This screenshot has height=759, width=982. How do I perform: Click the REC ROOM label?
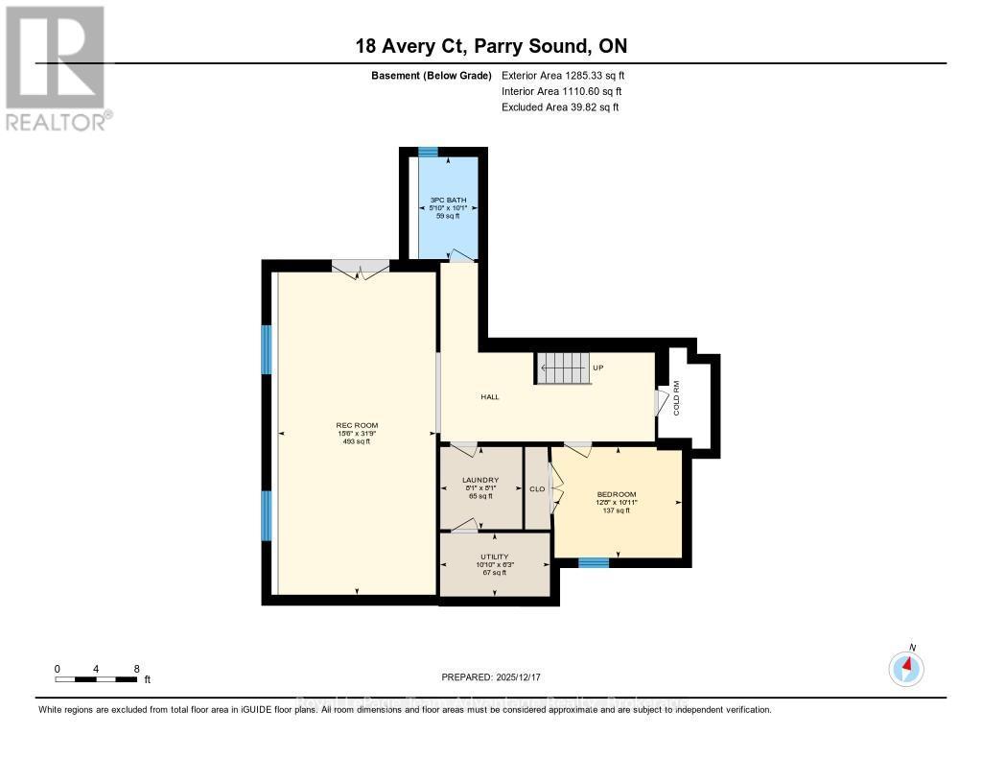pyautogui.click(x=356, y=425)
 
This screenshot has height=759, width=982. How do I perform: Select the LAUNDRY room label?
pyautogui.click(x=480, y=480)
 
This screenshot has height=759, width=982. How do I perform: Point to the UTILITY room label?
pyautogui.click(x=495, y=557)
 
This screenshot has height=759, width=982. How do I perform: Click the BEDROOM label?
pyautogui.click(x=617, y=495)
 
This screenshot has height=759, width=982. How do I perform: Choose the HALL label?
pyautogui.click(x=490, y=397)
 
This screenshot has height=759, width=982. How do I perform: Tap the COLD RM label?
pyautogui.click(x=676, y=397)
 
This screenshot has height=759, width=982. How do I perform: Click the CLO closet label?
pyautogui.click(x=537, y=489)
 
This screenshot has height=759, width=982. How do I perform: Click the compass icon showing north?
pyautogui.click(x=906, y=667)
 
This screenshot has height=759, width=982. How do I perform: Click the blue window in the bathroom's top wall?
pyautogui.click(x=429, y=152)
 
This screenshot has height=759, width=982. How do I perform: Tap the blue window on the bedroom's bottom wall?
pyautogui.click(x=594, y=563)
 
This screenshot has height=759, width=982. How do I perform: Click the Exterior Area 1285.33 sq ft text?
pyautogui.click(x=563, y=75)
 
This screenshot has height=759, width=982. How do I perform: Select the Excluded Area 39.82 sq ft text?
pyautogui.click(x=560, y=107)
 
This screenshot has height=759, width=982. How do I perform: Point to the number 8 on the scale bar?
pyautogui.click(x=137, y=669)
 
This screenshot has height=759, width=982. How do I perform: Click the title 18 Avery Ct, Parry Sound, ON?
pyautogui.click(x=491, y=46)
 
